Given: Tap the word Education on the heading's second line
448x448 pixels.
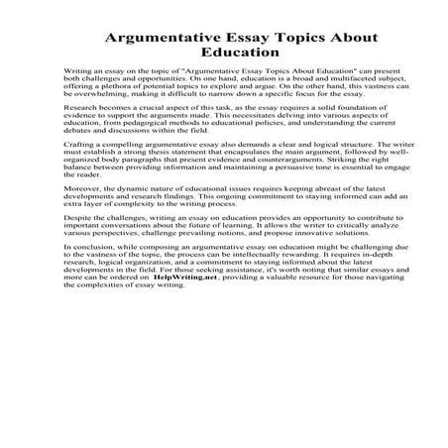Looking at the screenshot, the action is [x=224, y=56].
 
